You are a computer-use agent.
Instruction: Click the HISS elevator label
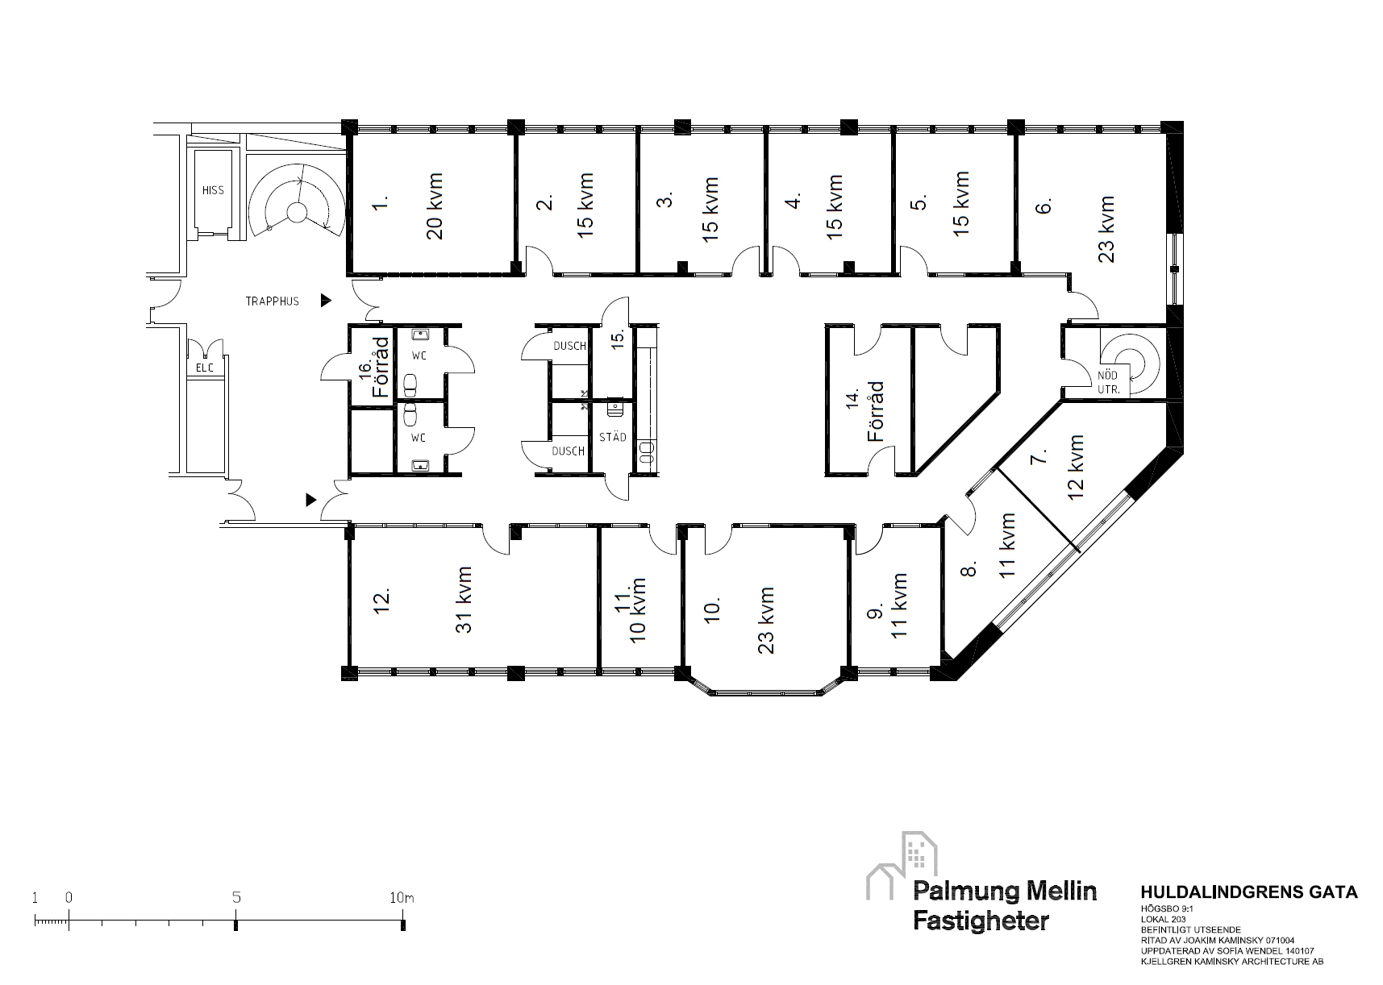pos(213,190)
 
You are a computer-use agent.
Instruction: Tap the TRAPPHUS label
pos(273,301)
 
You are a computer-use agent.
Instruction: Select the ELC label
pos(205,368)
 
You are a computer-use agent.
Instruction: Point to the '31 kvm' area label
pos(464,600)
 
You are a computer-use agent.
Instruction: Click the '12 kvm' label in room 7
pos(1075,468)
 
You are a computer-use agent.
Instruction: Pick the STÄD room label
pos(613,437)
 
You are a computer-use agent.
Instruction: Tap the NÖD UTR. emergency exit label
pos(1108,381)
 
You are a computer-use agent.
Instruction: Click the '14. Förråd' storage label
pos(865,411)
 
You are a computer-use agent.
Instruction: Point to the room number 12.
pos(382,601)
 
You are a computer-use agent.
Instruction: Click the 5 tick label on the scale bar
pos(235,896)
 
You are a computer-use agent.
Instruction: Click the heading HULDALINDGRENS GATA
pos(1249,892)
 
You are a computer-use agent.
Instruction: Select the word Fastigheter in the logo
pos(981,921)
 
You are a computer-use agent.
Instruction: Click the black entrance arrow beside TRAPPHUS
pos(326,301)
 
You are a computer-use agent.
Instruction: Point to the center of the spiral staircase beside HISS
pos(297,212)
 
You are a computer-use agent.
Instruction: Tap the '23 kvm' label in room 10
pos(766,621)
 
